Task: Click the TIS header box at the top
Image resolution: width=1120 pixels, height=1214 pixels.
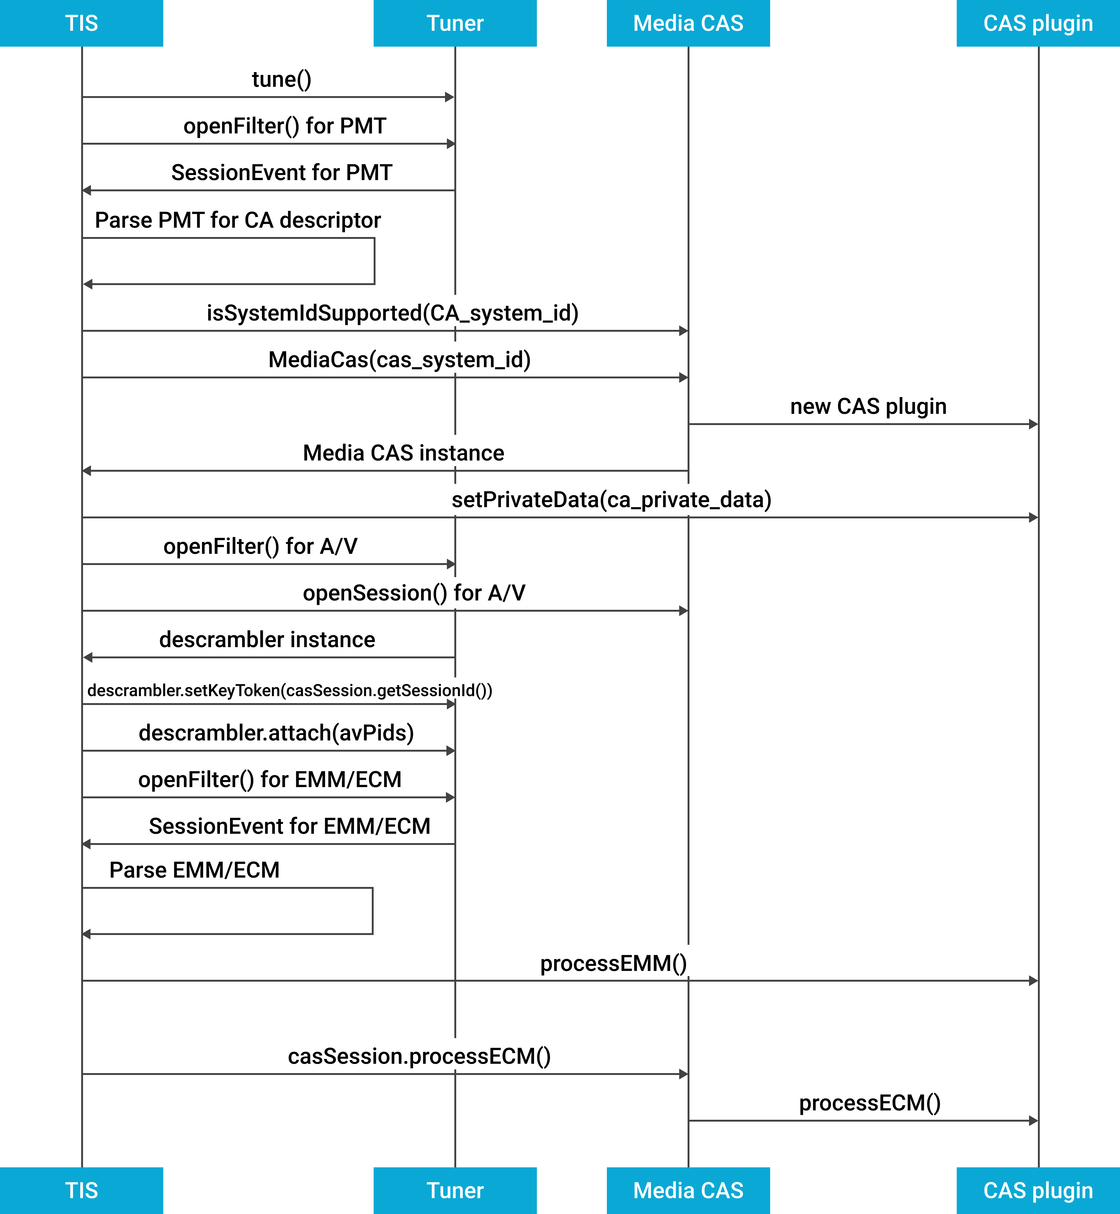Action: click(81, 23)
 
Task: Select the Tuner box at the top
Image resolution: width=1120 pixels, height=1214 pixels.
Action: click(455, 23)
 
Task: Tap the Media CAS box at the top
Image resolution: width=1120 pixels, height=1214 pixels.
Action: click(688, 23)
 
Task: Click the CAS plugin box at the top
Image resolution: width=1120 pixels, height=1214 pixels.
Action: click(1038, 23)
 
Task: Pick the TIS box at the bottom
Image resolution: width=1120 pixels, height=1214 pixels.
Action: click(81, 1190)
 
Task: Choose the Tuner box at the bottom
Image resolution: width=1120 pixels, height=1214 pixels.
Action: click(455, 1190)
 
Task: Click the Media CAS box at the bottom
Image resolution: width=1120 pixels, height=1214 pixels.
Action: click(688, 1190)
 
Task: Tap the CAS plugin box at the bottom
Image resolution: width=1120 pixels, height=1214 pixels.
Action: click(1038, 1190)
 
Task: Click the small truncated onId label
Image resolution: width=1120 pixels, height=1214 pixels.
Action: click(458, 689)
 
